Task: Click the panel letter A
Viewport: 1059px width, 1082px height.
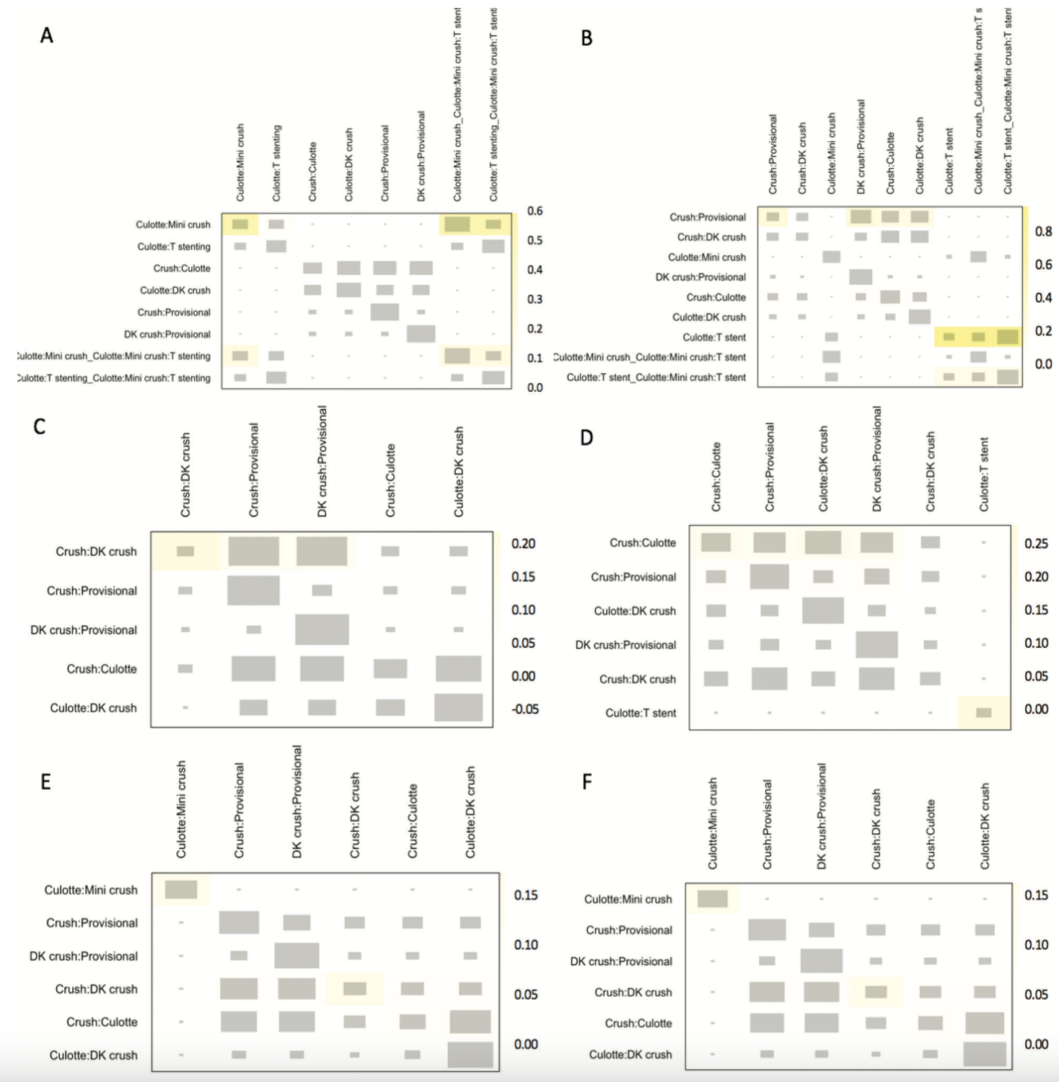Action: pos(47,35)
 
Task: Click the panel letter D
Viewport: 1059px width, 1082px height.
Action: pos(586,438)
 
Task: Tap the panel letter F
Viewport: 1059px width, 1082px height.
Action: pos(586,782)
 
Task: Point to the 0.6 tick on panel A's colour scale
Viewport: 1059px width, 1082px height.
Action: pos(535,211)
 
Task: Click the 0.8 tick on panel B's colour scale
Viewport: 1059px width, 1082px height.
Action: pos(1043,232)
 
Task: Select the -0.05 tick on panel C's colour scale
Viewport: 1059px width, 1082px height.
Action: pos(524,709)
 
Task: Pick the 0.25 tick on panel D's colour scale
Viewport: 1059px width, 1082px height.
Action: pos(1036,544)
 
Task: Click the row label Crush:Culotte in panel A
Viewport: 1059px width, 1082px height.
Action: pos(182,268)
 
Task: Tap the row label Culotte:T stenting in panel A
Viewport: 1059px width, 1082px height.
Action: pos(174,247)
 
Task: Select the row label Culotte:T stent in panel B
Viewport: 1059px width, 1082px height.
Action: pos(714,337)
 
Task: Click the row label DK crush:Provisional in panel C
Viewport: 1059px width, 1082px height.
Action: pos(84,630)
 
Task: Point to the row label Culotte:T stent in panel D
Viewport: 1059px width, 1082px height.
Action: pos(641,713)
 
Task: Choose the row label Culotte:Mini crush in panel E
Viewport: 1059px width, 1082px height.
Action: pos(91,890)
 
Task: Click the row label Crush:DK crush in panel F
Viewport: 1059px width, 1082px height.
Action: pos(633,993)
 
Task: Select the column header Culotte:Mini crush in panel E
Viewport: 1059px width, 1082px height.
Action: pos(181,809)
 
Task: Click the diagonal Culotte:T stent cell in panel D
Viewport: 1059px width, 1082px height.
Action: pos(983,713)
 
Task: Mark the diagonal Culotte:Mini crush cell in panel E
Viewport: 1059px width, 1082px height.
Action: pos(181,890)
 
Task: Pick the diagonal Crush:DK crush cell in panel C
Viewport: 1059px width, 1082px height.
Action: pos(185,551)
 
